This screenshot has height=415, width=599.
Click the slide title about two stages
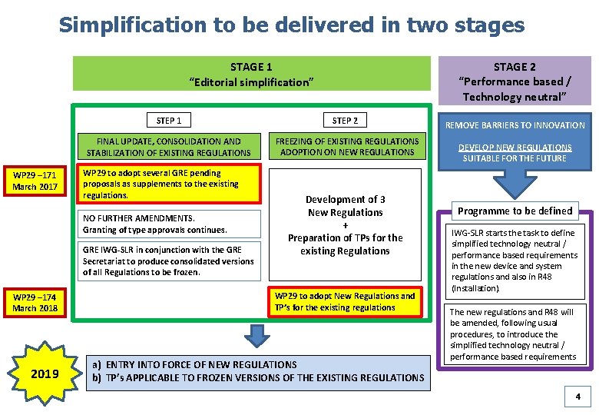tap(292, 25)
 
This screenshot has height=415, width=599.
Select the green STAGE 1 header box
tap(251, 74)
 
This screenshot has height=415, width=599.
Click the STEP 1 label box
tap(169, 120)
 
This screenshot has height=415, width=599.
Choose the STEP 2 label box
tap(345, 120)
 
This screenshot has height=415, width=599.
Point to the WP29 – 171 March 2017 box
tap(35, 181)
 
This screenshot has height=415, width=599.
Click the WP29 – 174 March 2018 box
tap(35, 302)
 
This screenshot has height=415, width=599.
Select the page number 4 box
tap(577, 397)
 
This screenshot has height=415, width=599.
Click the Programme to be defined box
tap(515, 211)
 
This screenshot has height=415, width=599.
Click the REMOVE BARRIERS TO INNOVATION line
tap(515, 125)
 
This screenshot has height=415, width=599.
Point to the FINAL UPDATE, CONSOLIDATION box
tap(169, 147)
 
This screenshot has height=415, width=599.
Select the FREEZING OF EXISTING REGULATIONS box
tap(347, 146)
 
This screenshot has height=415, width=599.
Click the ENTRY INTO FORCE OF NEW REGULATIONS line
tap(194, 364)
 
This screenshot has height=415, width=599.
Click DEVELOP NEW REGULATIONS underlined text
tap(515, 152)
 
